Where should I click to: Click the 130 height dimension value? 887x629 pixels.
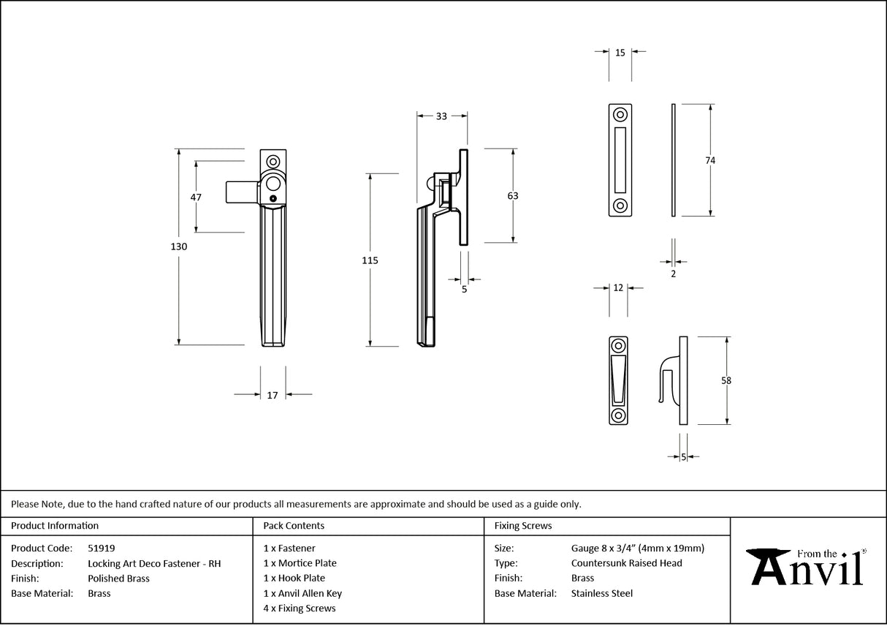tap(179, 246)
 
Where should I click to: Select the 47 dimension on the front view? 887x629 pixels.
tap(195, 197)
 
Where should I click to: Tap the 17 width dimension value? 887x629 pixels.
tap(273, 395)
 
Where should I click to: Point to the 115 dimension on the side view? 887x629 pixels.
tap(370, 260)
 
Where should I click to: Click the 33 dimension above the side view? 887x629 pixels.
tap(441, 116)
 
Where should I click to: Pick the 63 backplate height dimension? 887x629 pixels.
tap(512, 195)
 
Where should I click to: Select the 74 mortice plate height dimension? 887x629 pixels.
tap(710, 160)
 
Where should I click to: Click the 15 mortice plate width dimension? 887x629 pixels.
tap(620, 53)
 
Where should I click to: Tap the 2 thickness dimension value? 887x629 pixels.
tap(673, 274)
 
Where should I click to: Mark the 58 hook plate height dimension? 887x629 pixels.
tap(726, 380)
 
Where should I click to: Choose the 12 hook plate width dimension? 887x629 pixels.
tap(618, 288)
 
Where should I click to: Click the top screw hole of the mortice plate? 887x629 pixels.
tap(620, 115)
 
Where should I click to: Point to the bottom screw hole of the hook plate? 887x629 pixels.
tap(618, 415)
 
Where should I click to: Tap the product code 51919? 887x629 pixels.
tap(101, 548)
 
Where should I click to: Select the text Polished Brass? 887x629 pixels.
tap(118, 579)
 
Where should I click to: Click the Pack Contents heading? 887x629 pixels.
tap(294, 525)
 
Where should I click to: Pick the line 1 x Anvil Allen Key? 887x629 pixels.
tap(302, 593)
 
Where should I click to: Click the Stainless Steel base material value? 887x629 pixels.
tap(601, 593)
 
